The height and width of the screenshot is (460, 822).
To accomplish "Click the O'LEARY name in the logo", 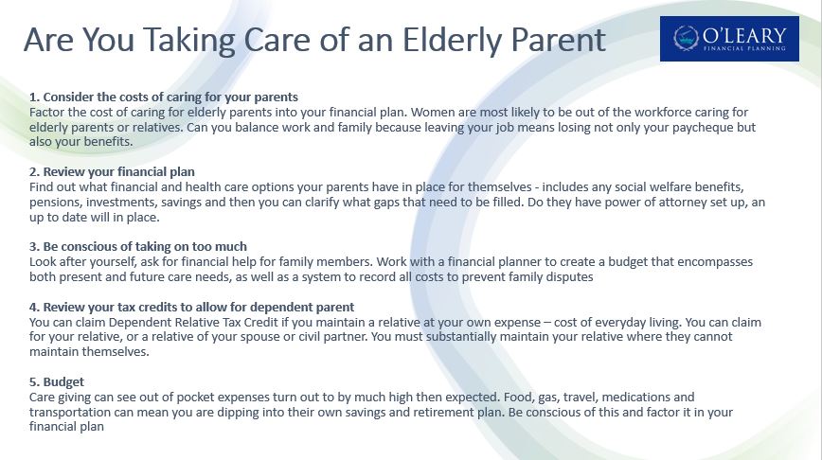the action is point(744,36).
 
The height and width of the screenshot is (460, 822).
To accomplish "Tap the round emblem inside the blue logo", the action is point(686,38).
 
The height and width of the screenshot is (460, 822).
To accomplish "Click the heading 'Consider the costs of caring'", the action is point(164,97).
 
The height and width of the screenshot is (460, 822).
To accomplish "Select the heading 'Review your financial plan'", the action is point(112,172).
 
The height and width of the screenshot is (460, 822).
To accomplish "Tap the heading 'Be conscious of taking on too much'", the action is point(138,247).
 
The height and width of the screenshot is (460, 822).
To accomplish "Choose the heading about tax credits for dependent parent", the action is point(192,307).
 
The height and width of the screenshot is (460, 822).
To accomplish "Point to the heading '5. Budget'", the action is point(57,382).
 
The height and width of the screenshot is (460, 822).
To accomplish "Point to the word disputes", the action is point(570,277).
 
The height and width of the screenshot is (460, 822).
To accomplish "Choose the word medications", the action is point(634,398).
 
